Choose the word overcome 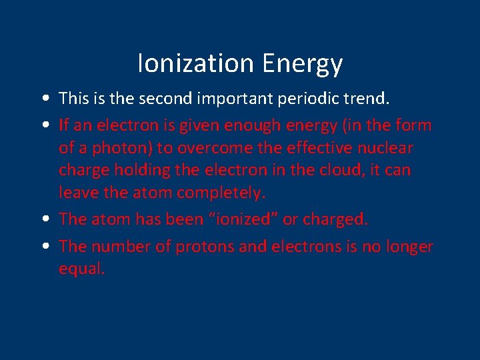(x=213, y=147)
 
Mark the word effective (x=323, y=147)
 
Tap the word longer (x=409, y=247)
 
